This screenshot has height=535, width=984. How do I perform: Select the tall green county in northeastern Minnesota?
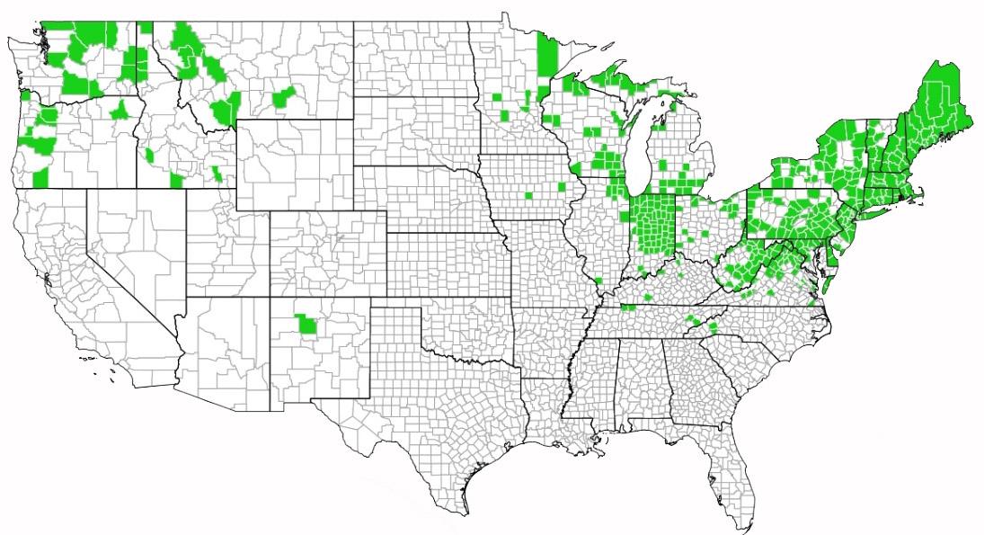coord(545,57)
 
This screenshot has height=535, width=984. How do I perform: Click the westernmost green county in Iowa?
coord(528,195)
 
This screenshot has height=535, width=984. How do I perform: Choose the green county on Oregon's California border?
coord(40,175)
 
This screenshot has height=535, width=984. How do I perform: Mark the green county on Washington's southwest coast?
coord(25,90)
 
